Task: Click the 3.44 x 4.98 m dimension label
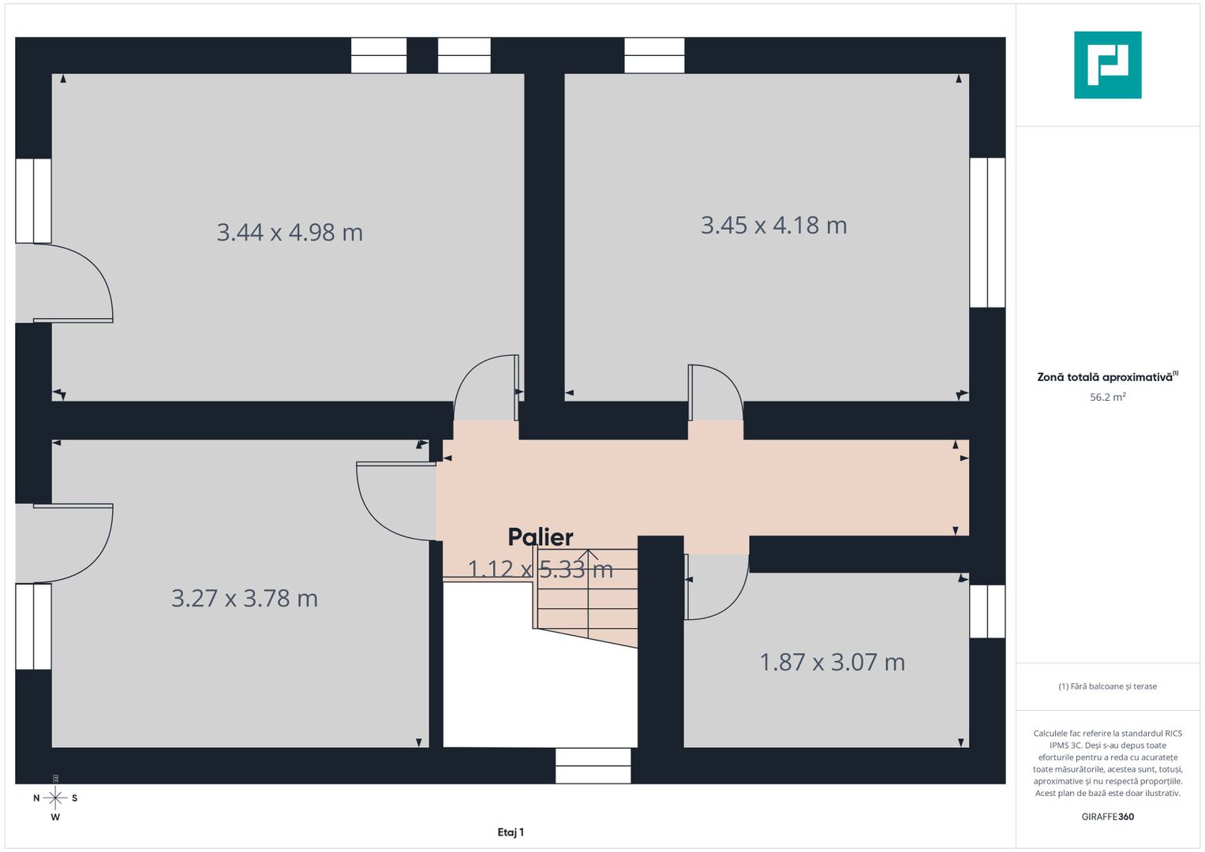coord(290,233)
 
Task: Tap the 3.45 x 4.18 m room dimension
coord(773,226)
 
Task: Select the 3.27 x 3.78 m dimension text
coord(245,599)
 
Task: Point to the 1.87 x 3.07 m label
coord(832,662)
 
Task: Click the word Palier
coord(541,537)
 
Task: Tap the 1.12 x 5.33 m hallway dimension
coord(541,569)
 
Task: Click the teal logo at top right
coord(1107,65)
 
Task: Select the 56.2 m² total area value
coord(1107,398)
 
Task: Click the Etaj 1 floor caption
coord(511,832)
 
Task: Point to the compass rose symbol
coord(55,798)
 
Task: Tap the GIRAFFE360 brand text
coord(1107,816)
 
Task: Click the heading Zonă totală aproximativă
coord(1105,377)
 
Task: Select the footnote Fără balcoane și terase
coord(1107,686)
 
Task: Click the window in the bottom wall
coord(593,766)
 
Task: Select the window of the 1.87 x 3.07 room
coord(986,611)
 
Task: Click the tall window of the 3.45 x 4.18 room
coord(986,233)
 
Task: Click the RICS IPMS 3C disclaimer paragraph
coord(1107,763)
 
